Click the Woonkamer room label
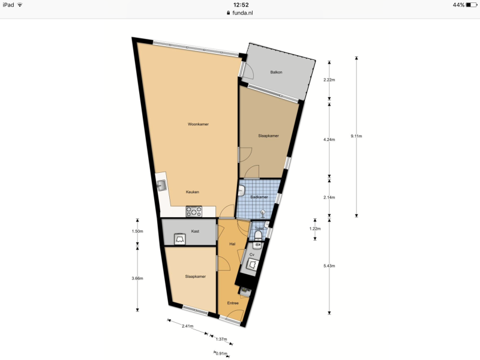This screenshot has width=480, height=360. [x=198, y=124]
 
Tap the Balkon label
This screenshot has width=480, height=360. [x=276, y=72]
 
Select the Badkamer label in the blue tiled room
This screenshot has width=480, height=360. [x=259, y=197]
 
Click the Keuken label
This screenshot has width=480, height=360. [x=192, y=192]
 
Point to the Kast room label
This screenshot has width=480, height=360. [x=195, y=231]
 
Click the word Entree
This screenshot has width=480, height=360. [x=233, y=303]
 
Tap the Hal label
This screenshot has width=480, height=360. [x=232, y=244]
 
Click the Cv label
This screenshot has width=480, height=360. [x=252, y=254]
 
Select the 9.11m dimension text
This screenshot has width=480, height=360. [x=356, y=136]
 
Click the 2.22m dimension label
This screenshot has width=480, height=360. [x=329, y=80]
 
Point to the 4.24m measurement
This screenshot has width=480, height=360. [x=329, y=140]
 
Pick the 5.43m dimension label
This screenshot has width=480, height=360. [x=329, y=266]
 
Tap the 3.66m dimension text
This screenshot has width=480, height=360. [x=137, y=278]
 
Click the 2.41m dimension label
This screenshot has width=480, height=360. [x=188, y=326]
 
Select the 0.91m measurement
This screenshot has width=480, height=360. [x=221, y=353]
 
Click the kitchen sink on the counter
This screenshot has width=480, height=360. [x=161, y=185]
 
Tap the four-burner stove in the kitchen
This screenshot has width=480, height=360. [x=194, y=211]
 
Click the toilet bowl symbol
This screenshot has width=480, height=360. [x=258, y=235]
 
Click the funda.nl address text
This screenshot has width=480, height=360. [x=242, y=13]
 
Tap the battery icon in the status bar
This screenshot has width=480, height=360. [x=472, y=5]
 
